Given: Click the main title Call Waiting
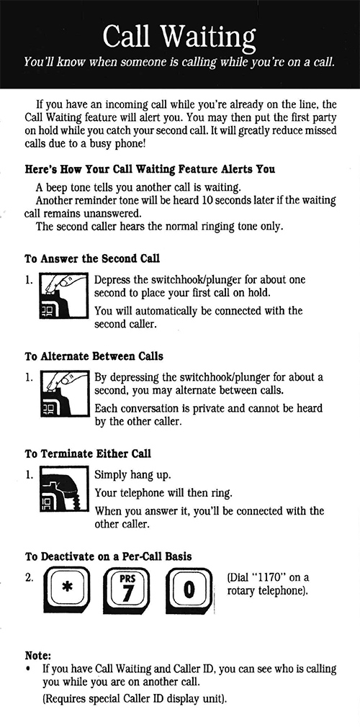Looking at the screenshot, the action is click(x=179, y=34).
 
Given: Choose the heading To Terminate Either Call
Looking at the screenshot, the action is click(x=88, y=454).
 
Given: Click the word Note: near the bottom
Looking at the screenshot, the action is click(x=38, y=656).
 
